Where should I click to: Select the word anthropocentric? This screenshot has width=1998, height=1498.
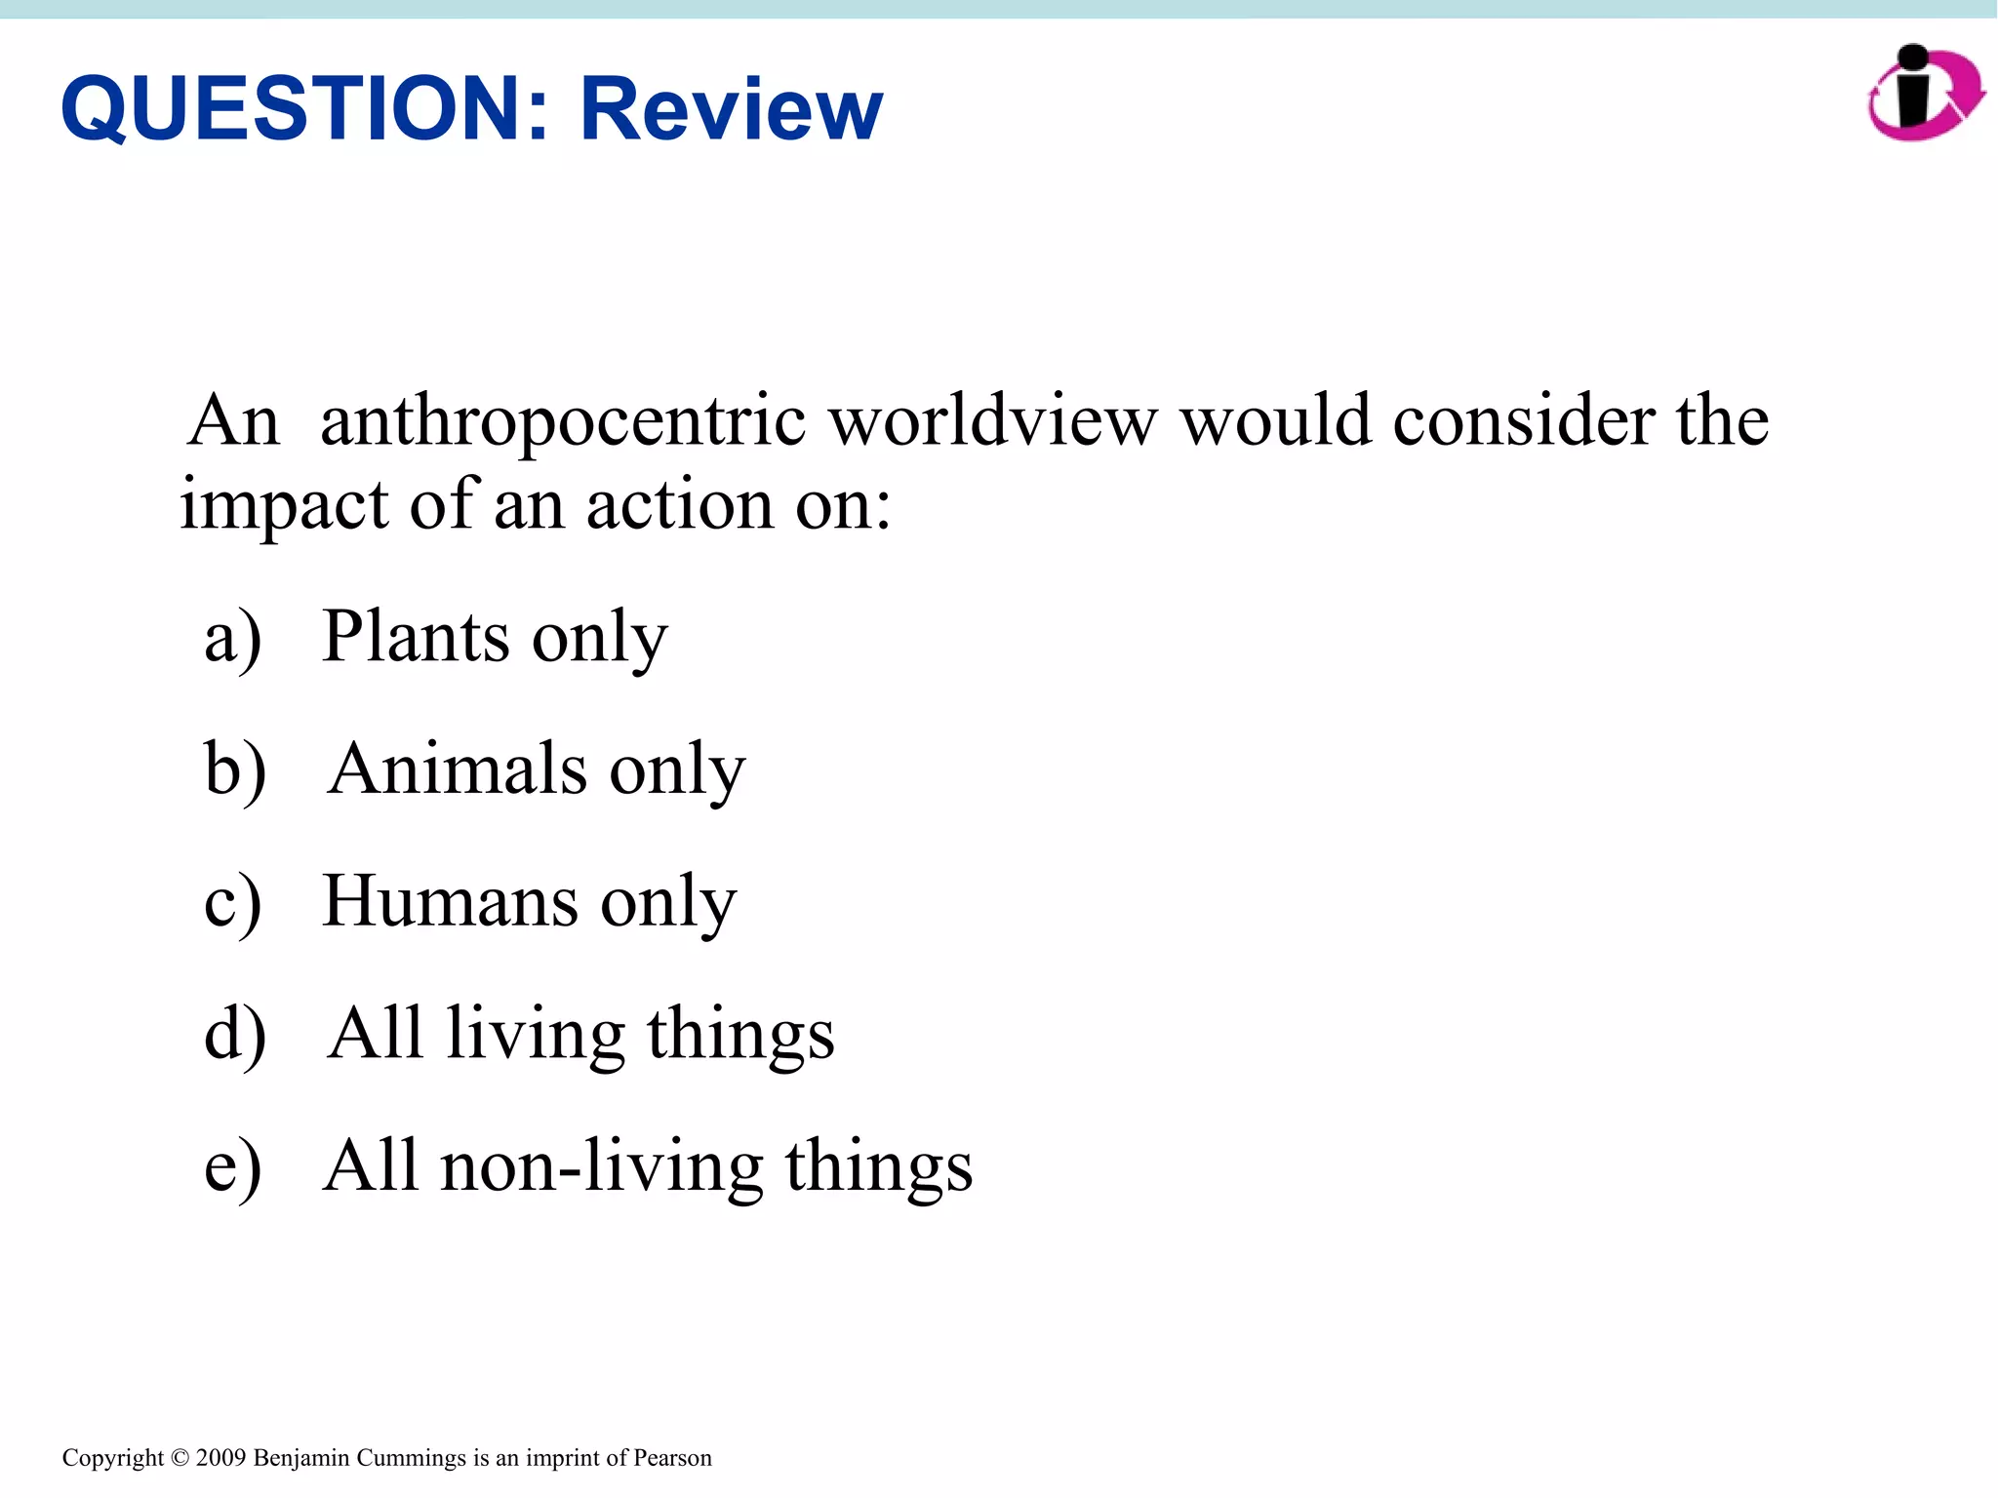pyautogui.click(x=563, y=421)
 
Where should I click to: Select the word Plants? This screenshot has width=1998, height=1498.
pyautogui.click(x=416, y=636)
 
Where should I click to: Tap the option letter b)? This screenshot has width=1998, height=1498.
pyautogui.click(x=235, y=770)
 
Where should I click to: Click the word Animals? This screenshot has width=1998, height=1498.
pyautogui.click(x=457, y=769)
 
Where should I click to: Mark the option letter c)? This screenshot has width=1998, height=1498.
pyautogui.click(x=233, y=903)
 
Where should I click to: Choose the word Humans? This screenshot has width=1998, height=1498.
pyautogui.click(x=449, y=901)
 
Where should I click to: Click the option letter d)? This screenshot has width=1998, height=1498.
pyautogui.click(x=235, y=1035)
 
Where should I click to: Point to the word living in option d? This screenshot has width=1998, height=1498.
pyautogui.click(x=535, y=1035)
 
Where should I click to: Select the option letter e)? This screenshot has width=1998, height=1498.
pyautogui.click(x=233, y=1167)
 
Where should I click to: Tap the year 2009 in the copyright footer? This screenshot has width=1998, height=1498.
pyautogui.click(x=220, y=1458)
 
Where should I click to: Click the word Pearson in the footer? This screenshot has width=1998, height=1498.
pyautogui.click(x=672, y=1458)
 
